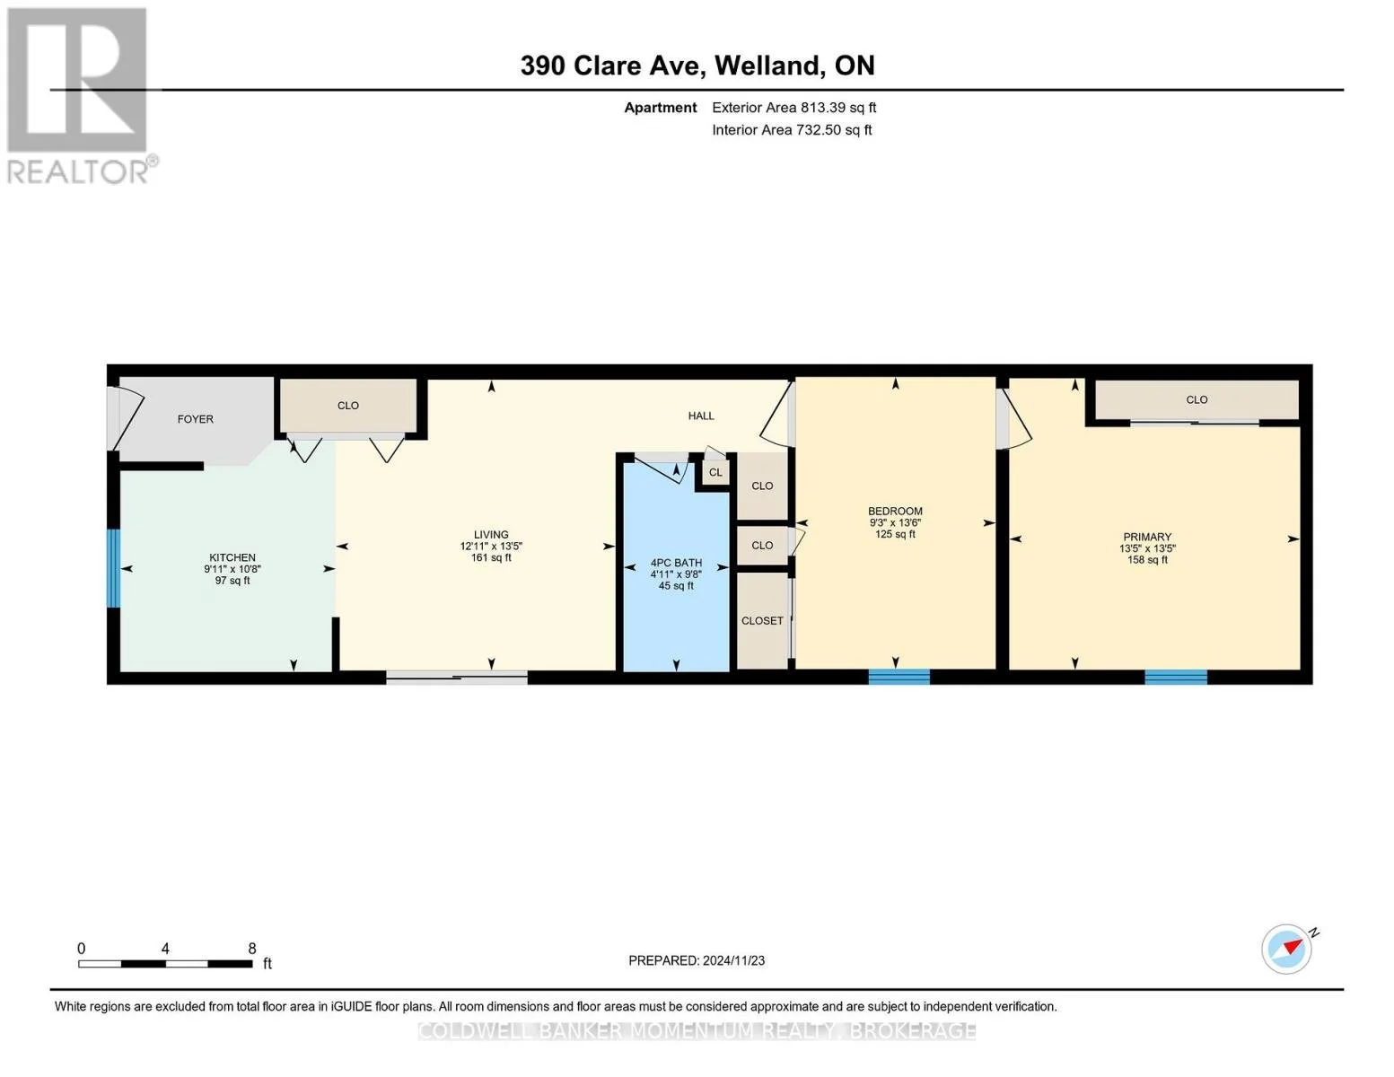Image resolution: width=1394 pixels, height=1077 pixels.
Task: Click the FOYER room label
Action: [x=195, y=419]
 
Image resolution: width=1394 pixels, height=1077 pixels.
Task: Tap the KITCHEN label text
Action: [x=232, y=557]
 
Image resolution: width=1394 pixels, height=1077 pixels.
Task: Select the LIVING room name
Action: [x=491, y=534]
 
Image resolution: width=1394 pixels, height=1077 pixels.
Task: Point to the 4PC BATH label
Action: [x=676, y=563]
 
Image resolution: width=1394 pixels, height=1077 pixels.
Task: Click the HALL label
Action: [x=700, y=416]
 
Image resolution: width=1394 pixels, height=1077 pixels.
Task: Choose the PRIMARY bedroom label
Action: [x=1147, y=537]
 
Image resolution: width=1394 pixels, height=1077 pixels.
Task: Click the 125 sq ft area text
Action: [x=895, y=534]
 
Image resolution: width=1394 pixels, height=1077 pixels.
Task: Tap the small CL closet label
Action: [x=715, y=473]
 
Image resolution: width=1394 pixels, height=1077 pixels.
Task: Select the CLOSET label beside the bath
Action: [x=762, y=620]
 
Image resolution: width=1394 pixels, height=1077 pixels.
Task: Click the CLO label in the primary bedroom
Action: [x=1197, y=399]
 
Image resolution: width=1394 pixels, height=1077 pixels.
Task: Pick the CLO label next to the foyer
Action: [x=347, y=406]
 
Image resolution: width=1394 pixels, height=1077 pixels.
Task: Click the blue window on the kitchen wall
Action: [x=113, y=568]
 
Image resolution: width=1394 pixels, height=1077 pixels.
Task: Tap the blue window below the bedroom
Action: [x=899, y=677]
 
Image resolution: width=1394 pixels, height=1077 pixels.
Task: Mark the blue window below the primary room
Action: [x=1175, y=677]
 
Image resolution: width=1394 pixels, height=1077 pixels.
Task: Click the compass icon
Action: [x=1285, y=950]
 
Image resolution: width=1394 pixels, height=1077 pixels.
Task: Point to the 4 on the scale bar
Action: [x=165, y=948]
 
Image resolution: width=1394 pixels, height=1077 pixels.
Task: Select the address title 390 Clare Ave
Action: [x=612, y=66]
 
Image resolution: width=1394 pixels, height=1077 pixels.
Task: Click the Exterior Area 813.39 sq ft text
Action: [x=793, y=108]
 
